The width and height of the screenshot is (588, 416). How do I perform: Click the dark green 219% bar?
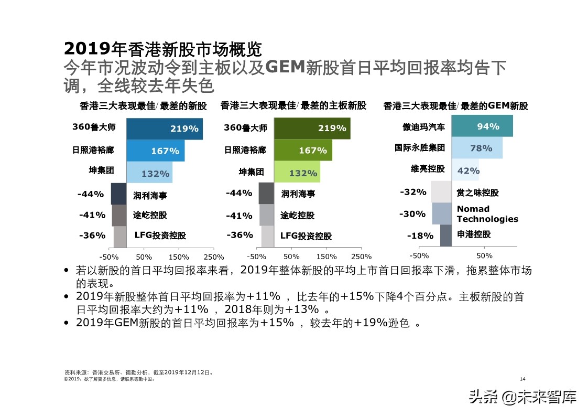coord(312,129)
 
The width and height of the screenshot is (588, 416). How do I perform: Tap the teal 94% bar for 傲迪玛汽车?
coord(482,126)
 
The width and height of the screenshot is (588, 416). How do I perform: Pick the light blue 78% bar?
coord(476,148)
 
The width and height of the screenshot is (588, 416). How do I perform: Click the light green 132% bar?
coord(297,173)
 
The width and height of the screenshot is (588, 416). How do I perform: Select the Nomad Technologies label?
coord(487,214)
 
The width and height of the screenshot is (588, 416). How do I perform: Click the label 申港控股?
coord(474,234)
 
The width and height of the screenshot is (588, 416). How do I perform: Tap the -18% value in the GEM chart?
coord(420,236)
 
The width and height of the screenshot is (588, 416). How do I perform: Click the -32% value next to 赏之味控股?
coord(413,192)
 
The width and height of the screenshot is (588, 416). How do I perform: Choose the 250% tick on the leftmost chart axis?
coord(213,257)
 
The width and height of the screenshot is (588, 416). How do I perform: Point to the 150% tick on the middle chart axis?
coord(326,257)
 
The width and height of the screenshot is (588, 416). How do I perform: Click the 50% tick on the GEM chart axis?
coord(484,256)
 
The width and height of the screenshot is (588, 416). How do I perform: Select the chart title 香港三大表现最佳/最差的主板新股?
coord(293,105)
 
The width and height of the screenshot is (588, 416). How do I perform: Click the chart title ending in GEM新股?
coord(455,106)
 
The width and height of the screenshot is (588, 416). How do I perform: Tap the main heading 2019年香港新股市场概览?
coord(162,49)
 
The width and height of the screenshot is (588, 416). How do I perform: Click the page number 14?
coord(522,379)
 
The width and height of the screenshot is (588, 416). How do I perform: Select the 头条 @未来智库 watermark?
coord(522,397)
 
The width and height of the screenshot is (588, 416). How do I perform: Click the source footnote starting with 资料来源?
coord(138,372)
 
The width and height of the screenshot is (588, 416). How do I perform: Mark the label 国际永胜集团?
coord(420,148)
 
